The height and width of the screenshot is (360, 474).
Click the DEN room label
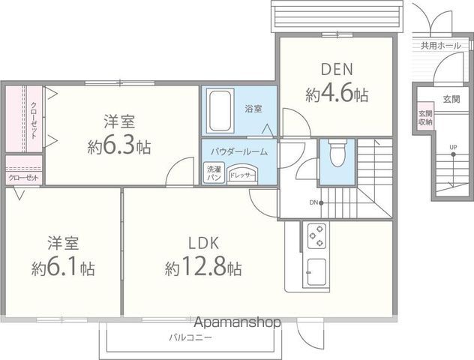(337, 70)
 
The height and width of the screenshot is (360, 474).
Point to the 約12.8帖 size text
(204, 267)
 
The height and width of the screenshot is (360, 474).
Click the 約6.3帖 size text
(118, 145)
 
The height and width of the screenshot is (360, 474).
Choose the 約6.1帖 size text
(63, 267)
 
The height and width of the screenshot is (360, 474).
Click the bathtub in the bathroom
(219, 111)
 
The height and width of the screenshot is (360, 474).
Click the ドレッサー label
(241, 175)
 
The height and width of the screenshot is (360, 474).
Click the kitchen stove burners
(316, 236)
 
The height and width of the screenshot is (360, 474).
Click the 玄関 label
(451, 99)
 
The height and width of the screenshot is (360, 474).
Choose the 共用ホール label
(440, 46)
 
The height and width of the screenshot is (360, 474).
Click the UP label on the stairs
(452, 146)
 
